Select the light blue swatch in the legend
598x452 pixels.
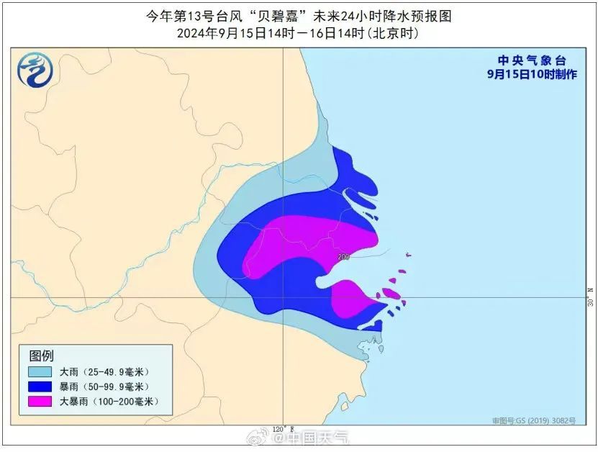40,372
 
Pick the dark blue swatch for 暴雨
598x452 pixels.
40,387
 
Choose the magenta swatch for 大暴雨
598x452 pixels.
40,401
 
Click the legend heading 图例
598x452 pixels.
42,356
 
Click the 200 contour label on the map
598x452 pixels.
343,256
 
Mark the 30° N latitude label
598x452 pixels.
591,297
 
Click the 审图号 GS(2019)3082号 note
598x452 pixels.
534,420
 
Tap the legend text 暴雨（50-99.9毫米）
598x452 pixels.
104,387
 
